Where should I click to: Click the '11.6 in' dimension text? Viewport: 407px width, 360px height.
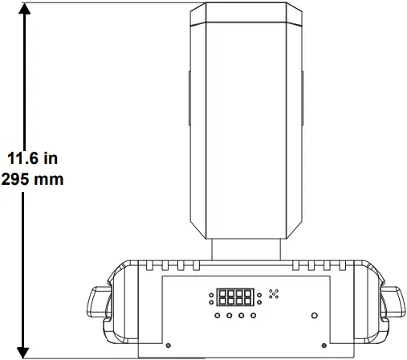tap(32, 158)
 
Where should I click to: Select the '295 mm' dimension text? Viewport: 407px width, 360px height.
tap(32, 178)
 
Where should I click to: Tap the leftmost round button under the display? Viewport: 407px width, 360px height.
tap(218, 317)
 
